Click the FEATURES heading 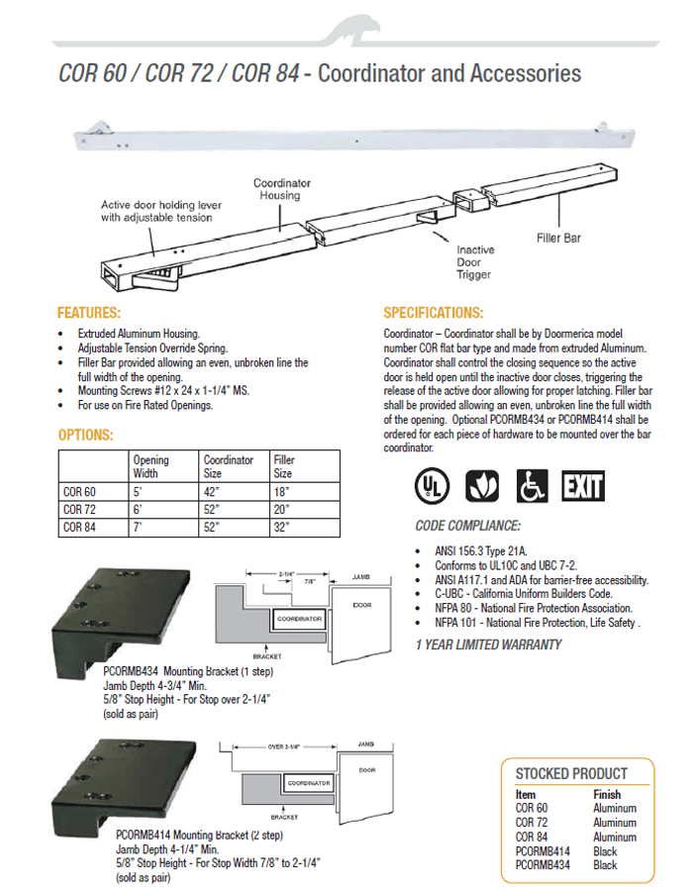[x=89, y=312]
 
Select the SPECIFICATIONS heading [x=433, y=312]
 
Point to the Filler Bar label [x=559, y=238]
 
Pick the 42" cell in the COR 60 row [x=213, y=492]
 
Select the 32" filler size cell [x=282, y=528]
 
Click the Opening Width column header [x=151, y=466]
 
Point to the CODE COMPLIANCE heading [x=467, y=526]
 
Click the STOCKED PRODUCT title [x=571, y=773]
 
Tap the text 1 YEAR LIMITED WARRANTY [x=488, y=645]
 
